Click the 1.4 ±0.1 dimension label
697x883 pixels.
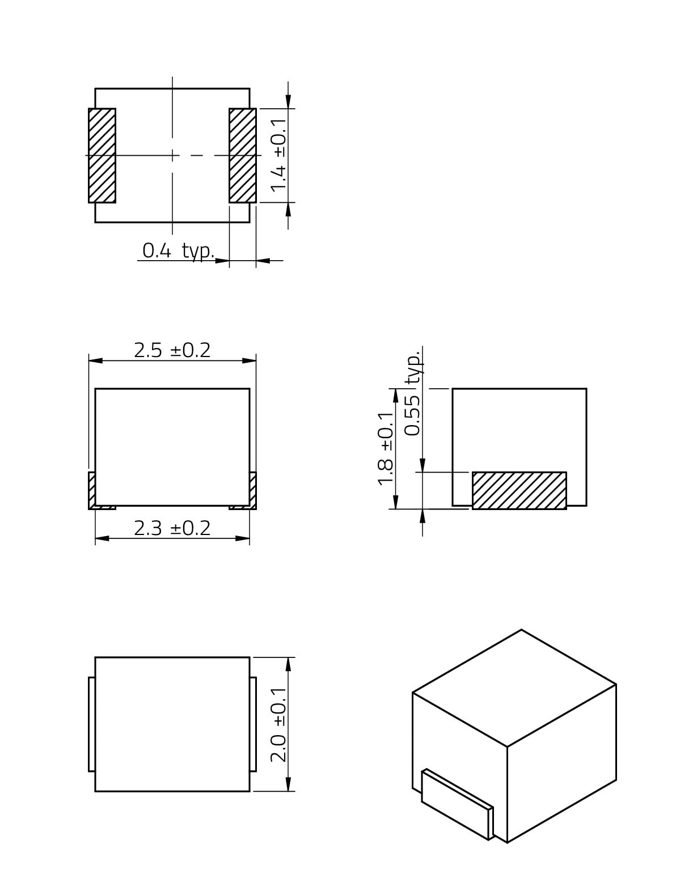point(278,155)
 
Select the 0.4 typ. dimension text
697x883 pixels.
point(178,251)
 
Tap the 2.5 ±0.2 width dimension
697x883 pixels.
point(172,350)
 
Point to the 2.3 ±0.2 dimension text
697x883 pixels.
point(172,528)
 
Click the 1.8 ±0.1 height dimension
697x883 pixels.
point(386,448)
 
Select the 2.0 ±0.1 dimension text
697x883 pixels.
point(278,725)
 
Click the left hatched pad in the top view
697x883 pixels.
point(102,155)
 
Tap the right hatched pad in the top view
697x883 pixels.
point(243,155)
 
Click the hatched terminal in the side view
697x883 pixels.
point(519,491)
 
